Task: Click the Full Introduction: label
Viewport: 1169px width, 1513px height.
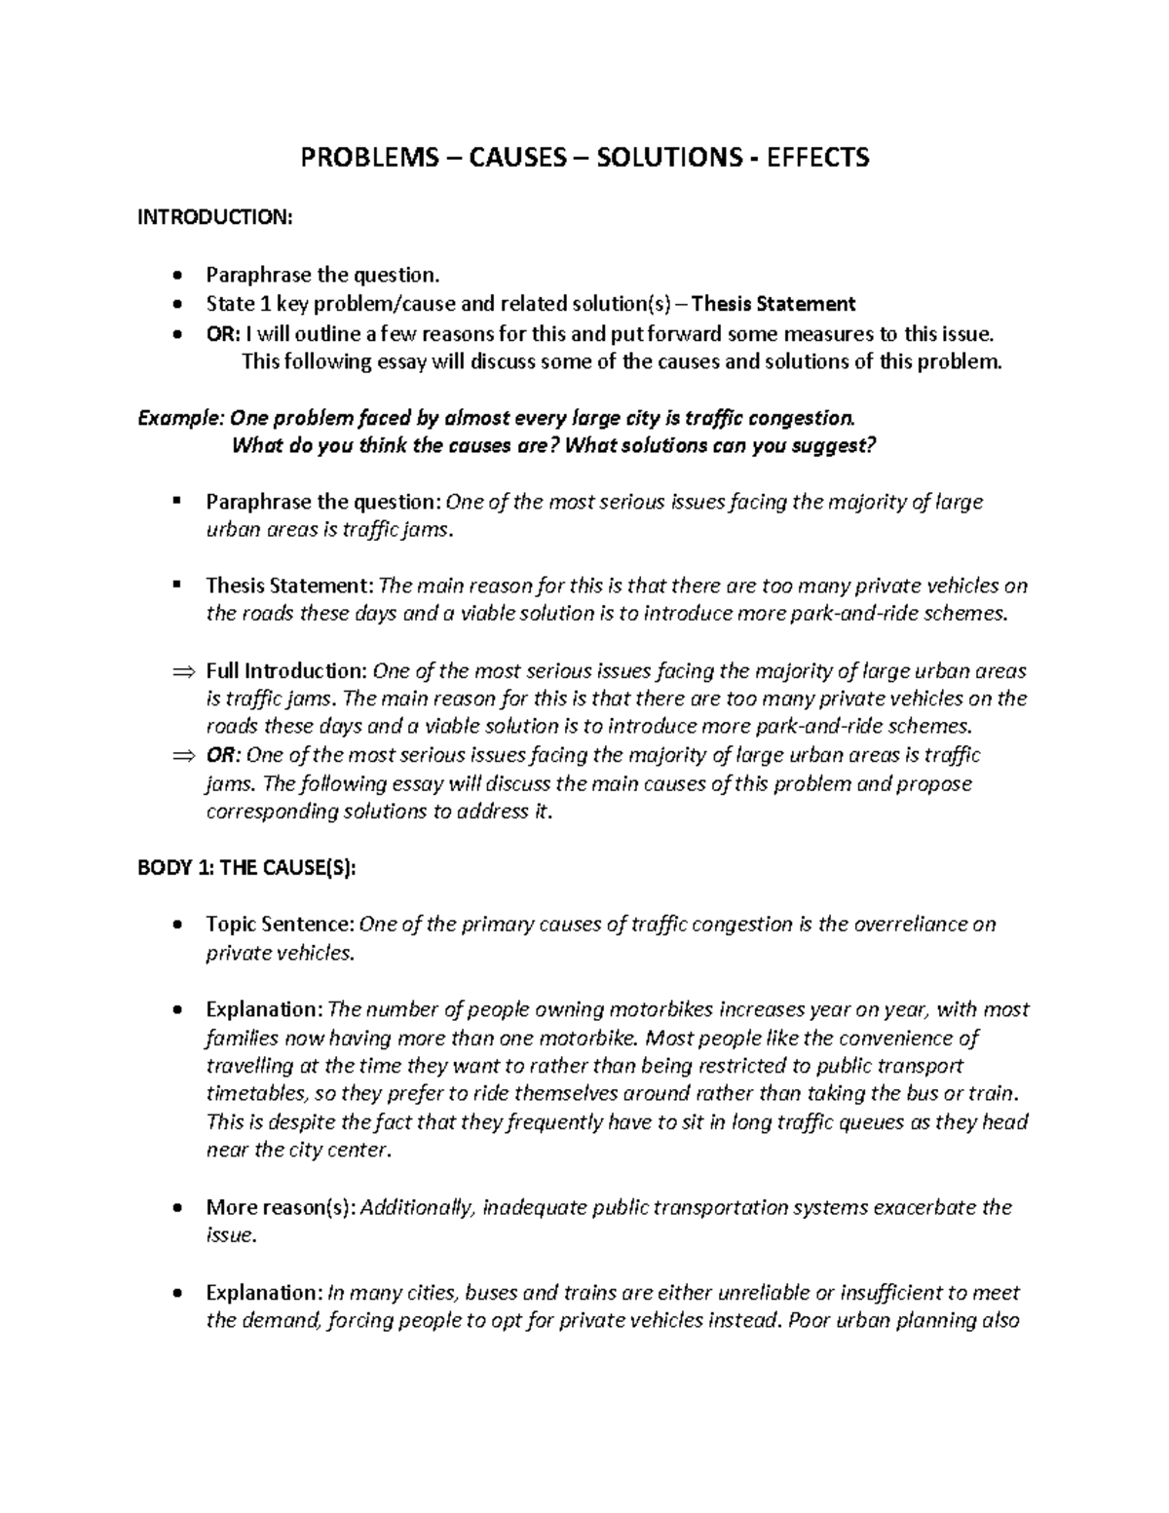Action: (x=286, y=671)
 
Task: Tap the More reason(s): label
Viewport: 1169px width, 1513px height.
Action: (x=282, y=1208)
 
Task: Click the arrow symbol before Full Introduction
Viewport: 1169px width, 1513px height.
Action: (x=182, y=671)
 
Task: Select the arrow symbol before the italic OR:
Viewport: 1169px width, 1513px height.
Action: (x=182, y=756)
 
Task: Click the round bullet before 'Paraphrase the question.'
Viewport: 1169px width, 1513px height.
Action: (x=175, y=277)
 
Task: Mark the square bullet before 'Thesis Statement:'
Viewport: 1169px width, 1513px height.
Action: (x=175, y=585)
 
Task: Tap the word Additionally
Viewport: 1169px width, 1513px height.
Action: (x=418, y=1208)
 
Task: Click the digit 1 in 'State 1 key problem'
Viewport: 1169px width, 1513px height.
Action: (x=257, y=305)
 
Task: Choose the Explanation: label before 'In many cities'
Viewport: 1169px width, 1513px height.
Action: (x=263, y=1293)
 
